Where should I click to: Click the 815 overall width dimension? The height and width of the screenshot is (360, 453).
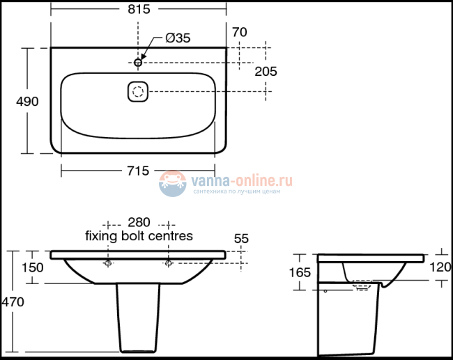point(139,9)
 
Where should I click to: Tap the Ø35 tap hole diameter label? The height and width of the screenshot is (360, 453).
point(177,39)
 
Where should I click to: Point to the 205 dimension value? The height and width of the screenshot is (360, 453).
point(266,71)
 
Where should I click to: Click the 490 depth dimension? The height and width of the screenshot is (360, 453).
point(27,101)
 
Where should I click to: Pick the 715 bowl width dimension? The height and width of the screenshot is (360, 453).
point(139,171)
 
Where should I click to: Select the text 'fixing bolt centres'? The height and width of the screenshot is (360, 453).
point(139,236)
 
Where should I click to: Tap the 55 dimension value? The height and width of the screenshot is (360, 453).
point(241,238)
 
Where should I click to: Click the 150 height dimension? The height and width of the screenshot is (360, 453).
point(32,267)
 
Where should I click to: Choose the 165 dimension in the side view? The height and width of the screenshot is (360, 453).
point(299,272)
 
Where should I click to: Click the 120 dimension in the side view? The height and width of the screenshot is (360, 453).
point(440,267)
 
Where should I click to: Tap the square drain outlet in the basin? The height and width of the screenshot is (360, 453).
point(138,91)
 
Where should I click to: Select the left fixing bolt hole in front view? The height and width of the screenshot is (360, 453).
point(108,264)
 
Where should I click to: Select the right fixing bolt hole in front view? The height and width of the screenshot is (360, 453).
point(169,264)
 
